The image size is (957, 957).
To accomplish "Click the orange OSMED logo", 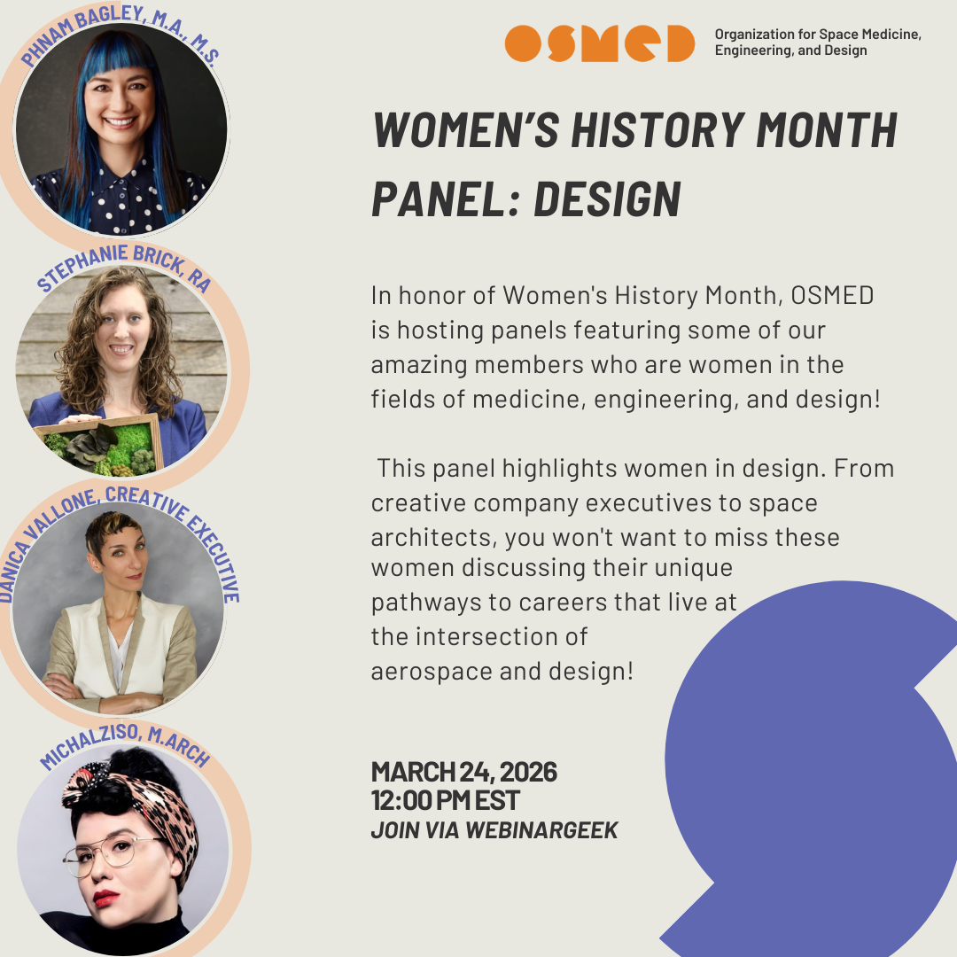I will pos(599,43).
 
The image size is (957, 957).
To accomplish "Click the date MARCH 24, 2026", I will pos(463,772).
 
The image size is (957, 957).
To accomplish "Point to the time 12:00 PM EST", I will pos(445,800).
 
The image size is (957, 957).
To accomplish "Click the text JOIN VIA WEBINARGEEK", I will pos(494,830).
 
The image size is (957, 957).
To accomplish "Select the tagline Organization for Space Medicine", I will pos(818,35).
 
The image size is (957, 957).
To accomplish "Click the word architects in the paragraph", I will pos(426,537).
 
